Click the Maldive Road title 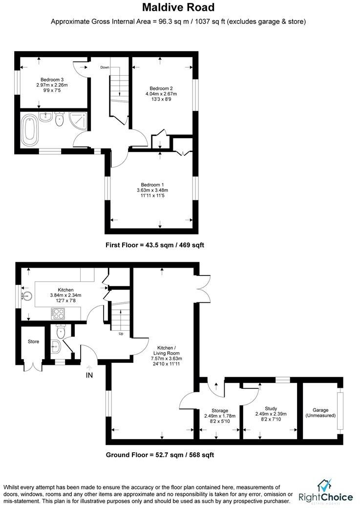tap(178, 8)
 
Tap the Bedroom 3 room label tap(52, 79)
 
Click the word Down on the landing tap(105, 67)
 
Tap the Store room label tap(33, 341)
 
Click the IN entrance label tap(89, 375)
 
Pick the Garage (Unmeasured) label tap(320, 413)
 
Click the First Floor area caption tap(155, 245)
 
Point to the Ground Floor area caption tap(160, 455)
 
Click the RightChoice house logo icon tap(325, 485)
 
